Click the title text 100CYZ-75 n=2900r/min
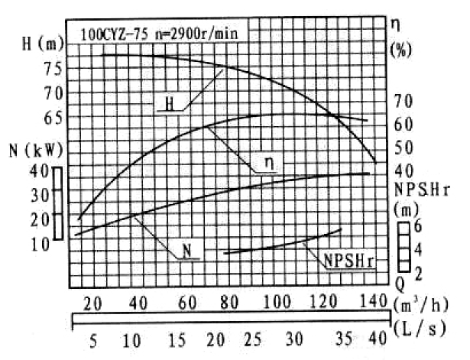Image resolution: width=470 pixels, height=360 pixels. click(156, 34)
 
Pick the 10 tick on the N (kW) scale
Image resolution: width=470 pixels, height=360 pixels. click(39, 244)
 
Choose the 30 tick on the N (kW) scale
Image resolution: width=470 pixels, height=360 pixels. click(39, 194)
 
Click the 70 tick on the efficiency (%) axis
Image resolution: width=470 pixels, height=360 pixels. click(403, 100)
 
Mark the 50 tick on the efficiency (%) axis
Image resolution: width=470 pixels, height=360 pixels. click(403, 148)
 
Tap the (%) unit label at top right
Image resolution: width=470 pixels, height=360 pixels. click(401, 50)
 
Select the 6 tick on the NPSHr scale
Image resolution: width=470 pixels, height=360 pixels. click(417, 227)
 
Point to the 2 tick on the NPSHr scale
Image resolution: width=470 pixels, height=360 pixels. click(417, 273)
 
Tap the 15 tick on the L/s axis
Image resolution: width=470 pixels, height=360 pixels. click(177, 339)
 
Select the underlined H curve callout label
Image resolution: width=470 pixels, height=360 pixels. click(170, 103)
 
